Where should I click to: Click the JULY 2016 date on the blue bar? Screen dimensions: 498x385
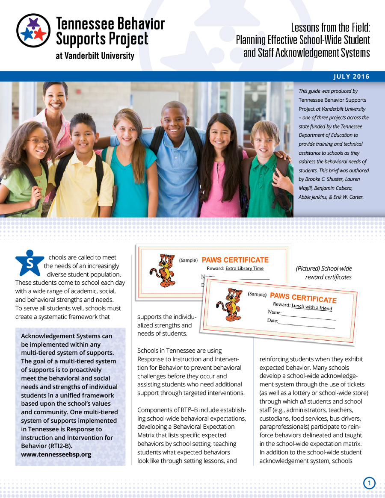351,77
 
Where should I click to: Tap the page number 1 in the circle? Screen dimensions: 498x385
369,483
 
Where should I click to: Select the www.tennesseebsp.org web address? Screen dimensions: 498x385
56,454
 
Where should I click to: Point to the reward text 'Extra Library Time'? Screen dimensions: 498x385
244,268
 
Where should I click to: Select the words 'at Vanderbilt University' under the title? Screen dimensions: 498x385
95,56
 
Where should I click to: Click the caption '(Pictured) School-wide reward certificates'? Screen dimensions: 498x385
323,273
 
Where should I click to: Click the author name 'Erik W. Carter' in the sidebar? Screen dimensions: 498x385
349,197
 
